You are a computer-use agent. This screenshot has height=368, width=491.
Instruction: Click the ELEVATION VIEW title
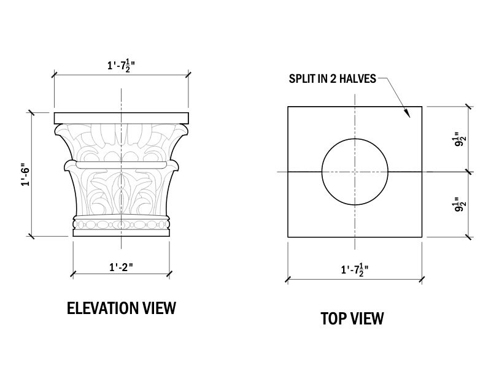tap(121, 307)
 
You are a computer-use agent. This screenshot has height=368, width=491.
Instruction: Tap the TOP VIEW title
tap(352, 318)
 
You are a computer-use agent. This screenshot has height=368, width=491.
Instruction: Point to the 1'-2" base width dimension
tap(122, 267)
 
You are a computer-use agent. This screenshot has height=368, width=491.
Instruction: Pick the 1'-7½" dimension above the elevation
tap(121, 66)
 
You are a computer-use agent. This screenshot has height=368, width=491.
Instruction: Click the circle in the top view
tap(355, 172)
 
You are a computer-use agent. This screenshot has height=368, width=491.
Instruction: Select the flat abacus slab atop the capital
tap(121, 118)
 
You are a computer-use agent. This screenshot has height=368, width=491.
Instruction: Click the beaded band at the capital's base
tap(121, 225)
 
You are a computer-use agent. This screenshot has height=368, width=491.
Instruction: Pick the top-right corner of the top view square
tap(421, 107)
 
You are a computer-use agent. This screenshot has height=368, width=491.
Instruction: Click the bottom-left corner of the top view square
tap(288, 237)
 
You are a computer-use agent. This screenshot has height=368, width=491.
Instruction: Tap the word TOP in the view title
tap(333, 318)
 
